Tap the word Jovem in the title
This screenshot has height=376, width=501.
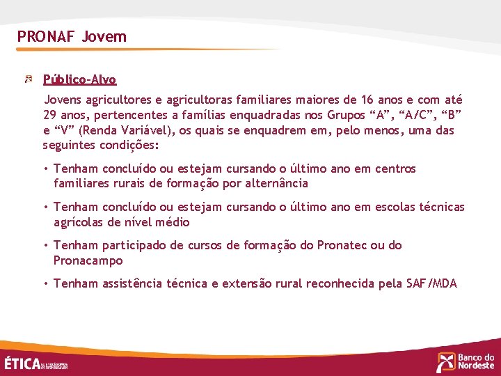[104, 36]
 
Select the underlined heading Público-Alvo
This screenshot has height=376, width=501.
[79, 79]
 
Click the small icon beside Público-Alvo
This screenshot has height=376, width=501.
[29, 79]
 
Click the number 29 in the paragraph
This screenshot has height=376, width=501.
[49, 115]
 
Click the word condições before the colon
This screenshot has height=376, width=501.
[131, 146]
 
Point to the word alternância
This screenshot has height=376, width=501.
[273, 184]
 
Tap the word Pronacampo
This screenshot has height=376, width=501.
[88, 261]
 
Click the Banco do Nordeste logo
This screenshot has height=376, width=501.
[466, 361]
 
